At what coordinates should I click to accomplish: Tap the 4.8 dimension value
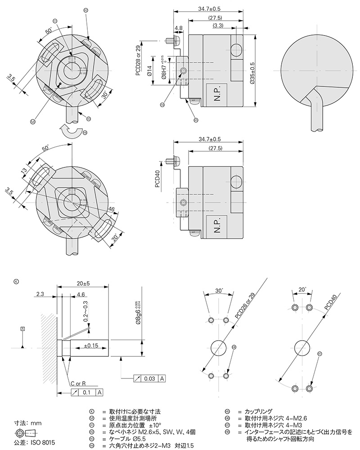coord(179,28)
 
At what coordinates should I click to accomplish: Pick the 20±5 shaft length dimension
coord(84,284)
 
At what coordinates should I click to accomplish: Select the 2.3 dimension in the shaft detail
coord(39,294)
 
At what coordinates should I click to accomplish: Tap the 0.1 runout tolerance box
coord(88,392)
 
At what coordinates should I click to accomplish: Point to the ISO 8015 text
coord(43,443)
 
